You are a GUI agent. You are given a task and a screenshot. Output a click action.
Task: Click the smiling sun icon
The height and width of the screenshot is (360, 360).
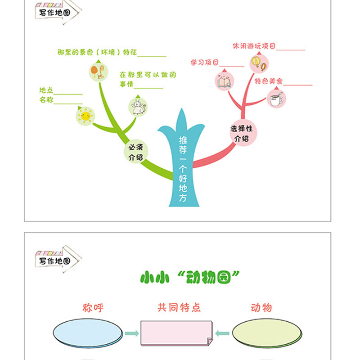tap(85, 117)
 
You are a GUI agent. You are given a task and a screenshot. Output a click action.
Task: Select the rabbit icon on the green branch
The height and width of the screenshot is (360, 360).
tap(138, 107)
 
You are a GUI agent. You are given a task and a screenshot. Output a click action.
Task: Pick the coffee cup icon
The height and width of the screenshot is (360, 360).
tap(276, 99)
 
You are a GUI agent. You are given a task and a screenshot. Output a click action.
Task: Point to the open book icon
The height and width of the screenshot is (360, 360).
tap(225, 81)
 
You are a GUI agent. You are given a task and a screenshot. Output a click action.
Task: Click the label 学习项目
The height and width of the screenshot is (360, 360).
tap(205, 63)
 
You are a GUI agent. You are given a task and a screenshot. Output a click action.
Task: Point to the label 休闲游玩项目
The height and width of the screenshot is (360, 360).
tap(254, 46)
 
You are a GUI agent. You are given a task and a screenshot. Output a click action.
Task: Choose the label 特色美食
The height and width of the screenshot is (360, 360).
tap(269, 81)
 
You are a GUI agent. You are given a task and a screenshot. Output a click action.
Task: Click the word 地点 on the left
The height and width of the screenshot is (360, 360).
tap(46, 90)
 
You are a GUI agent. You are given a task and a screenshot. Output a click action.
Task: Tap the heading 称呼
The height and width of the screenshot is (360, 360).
tap(93, 308)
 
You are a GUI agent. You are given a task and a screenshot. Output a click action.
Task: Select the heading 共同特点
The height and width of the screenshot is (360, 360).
tap(179, 308)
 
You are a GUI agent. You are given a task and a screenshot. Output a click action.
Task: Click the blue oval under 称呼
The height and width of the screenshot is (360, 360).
tap(87, 333)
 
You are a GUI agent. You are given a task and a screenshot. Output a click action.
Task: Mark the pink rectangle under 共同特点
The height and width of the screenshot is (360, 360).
tap(176, 333)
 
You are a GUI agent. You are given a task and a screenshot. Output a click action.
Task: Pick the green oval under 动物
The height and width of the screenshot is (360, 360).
tap(266, 333)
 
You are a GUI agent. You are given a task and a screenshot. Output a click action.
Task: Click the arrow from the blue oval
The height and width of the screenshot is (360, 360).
tap(131, 333)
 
